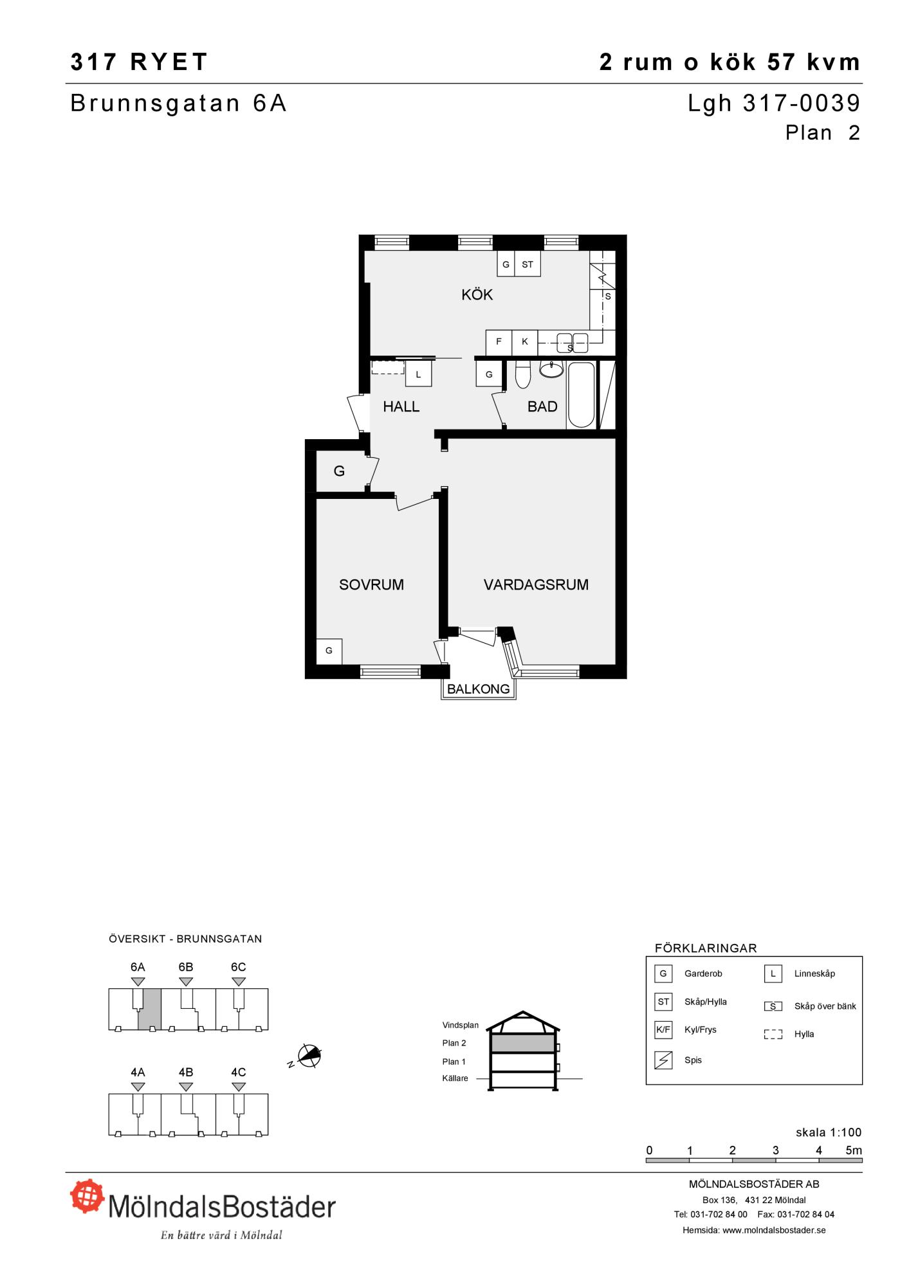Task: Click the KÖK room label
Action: pos(477,294)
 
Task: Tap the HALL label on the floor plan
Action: pos(401,406)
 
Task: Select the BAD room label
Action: pos(542,406)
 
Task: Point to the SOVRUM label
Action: pos(371,584)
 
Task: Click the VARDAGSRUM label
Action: pos(536,584)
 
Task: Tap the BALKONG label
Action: pos(478,689)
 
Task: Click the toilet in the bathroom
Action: pos(522,374)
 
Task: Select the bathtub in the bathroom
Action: pos(581,395)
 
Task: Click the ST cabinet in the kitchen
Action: pos(528,264)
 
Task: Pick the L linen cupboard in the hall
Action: pos(418,374)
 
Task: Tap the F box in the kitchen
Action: pos(499,342)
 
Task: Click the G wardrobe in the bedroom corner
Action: pos(329,651)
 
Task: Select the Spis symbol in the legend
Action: pos(663,1060)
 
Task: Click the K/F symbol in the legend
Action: pos(663,1029)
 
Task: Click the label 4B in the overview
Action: pos(185,1073)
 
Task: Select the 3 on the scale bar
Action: pos(776,1150)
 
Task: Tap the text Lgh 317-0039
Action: pos(774,103)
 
